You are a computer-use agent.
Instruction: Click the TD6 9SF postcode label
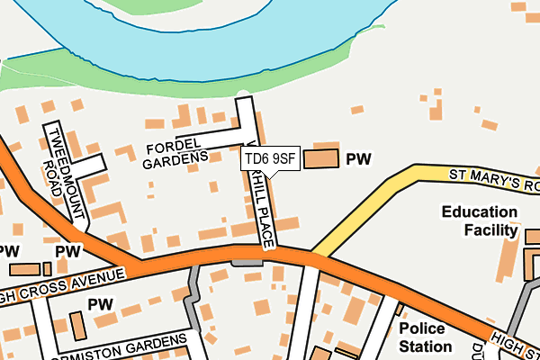pyautogui.click(x=269, y=159)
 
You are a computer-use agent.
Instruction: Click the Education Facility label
pyautogui.click(x=479, y=222)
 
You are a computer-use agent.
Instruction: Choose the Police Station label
pyautogui.click(x=426, y=337)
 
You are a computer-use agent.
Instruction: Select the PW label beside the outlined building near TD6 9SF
pyautogui.click(x=359, y=159)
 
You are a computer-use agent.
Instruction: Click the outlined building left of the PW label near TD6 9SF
pyautogui.click(x=322, y=159)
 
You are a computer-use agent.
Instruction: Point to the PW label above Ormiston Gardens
pyautogui.click(x=100, y=304)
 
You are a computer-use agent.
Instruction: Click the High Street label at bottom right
pyautogui.click(x=515, y=344)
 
